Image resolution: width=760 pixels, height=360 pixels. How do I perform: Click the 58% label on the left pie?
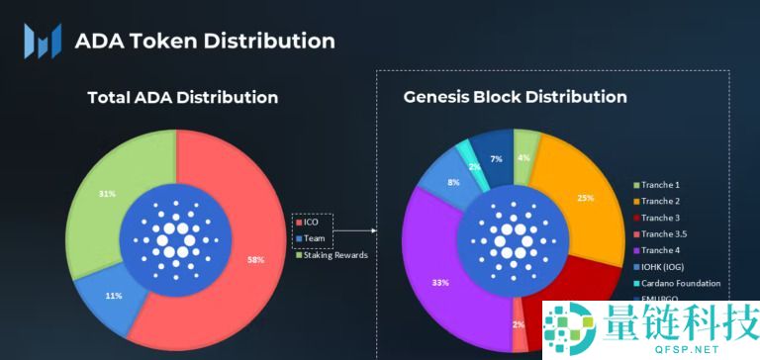point(256,259)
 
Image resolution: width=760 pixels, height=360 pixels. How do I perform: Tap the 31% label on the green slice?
point(105,194)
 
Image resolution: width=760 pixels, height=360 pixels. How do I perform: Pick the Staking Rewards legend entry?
point(332,255)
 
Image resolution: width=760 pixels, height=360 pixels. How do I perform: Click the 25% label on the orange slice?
point(586,198)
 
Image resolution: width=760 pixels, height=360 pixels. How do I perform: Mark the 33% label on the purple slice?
point(438,282)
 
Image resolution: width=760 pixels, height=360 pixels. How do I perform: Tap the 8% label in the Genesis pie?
point(452,182)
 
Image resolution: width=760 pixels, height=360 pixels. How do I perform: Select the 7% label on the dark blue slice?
point(496,158)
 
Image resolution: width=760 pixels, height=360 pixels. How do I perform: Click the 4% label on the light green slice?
point(524,157)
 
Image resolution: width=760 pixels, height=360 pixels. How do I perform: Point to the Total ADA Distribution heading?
point(183,97)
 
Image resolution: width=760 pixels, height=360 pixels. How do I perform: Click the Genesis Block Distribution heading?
point(515,97)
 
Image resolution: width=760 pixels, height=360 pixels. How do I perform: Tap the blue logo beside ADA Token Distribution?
point(43,41)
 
